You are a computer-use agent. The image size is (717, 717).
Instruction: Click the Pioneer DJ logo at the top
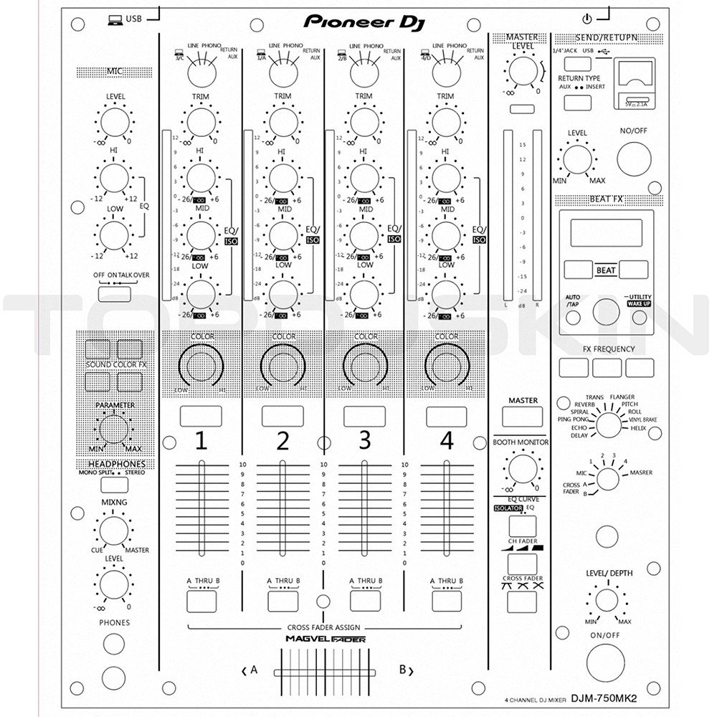pyautogui.click(x=365, y=21)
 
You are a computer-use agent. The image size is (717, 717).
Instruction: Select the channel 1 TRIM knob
pyautogui.click(x=200, y=120)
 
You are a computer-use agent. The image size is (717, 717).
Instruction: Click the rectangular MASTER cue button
pyautogui.click(x=521, y=417)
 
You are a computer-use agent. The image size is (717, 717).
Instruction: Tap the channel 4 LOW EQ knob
pyautogui.click(x=447, y=293)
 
